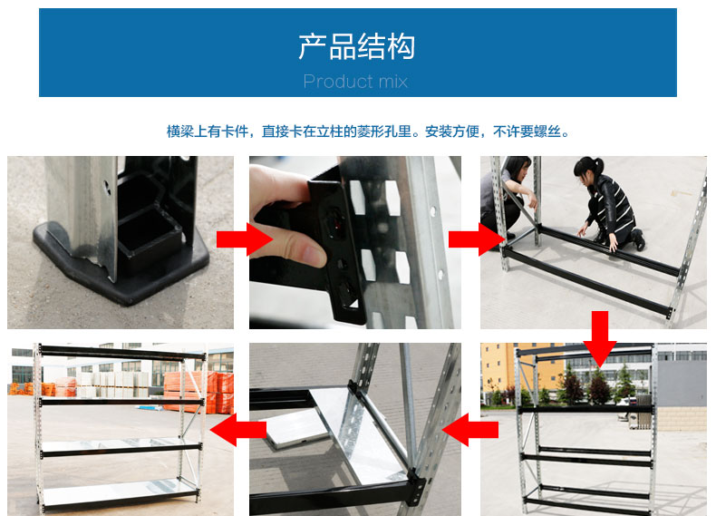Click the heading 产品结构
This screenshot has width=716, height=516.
click(357, 46)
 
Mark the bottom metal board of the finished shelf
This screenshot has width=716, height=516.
click(118, 490)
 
